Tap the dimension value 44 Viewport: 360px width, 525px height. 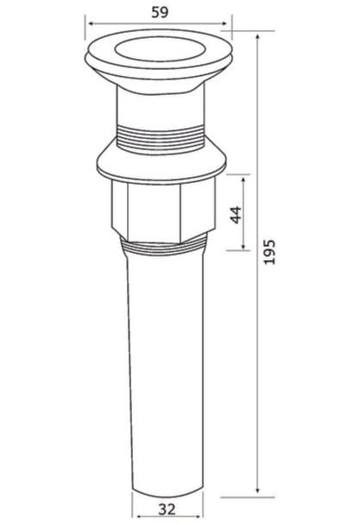click(236, 214)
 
